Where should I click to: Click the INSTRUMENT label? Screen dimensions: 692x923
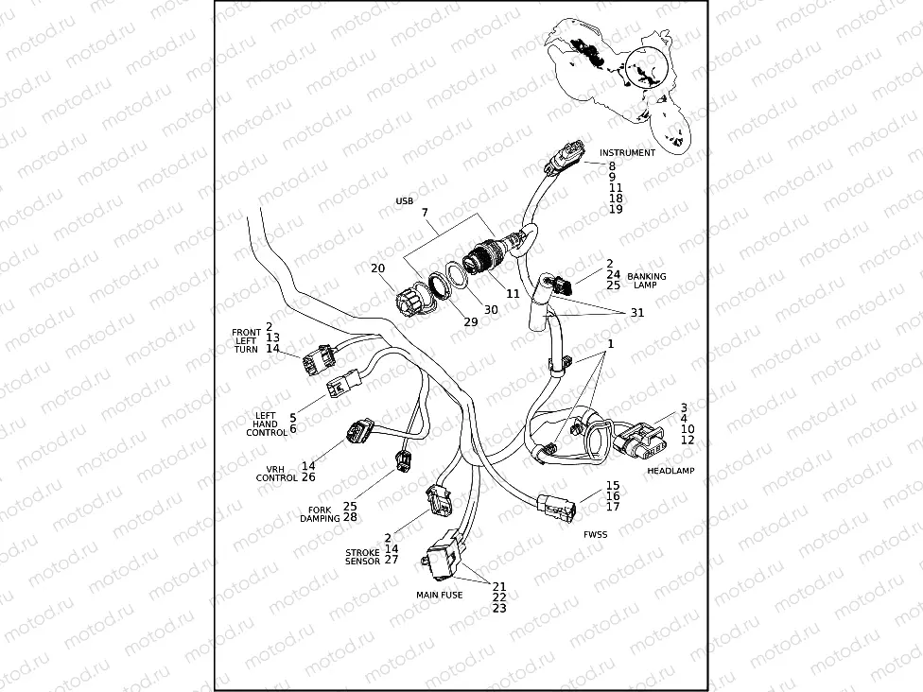[x=627, y=152]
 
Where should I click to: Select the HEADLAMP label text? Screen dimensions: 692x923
[x=670, y=470]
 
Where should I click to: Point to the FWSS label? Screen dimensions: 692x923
[x=596, y=534]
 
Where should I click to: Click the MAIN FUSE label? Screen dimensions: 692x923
[x=439, y=595]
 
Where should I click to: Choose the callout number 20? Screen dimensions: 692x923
[x=377, y=268]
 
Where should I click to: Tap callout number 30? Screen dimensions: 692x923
[x=490, y=310]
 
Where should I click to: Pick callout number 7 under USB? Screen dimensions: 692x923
[x=425, y=214]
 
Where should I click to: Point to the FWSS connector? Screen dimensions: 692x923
[x=554, y=508]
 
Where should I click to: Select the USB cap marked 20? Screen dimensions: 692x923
[x=411, y=300]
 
